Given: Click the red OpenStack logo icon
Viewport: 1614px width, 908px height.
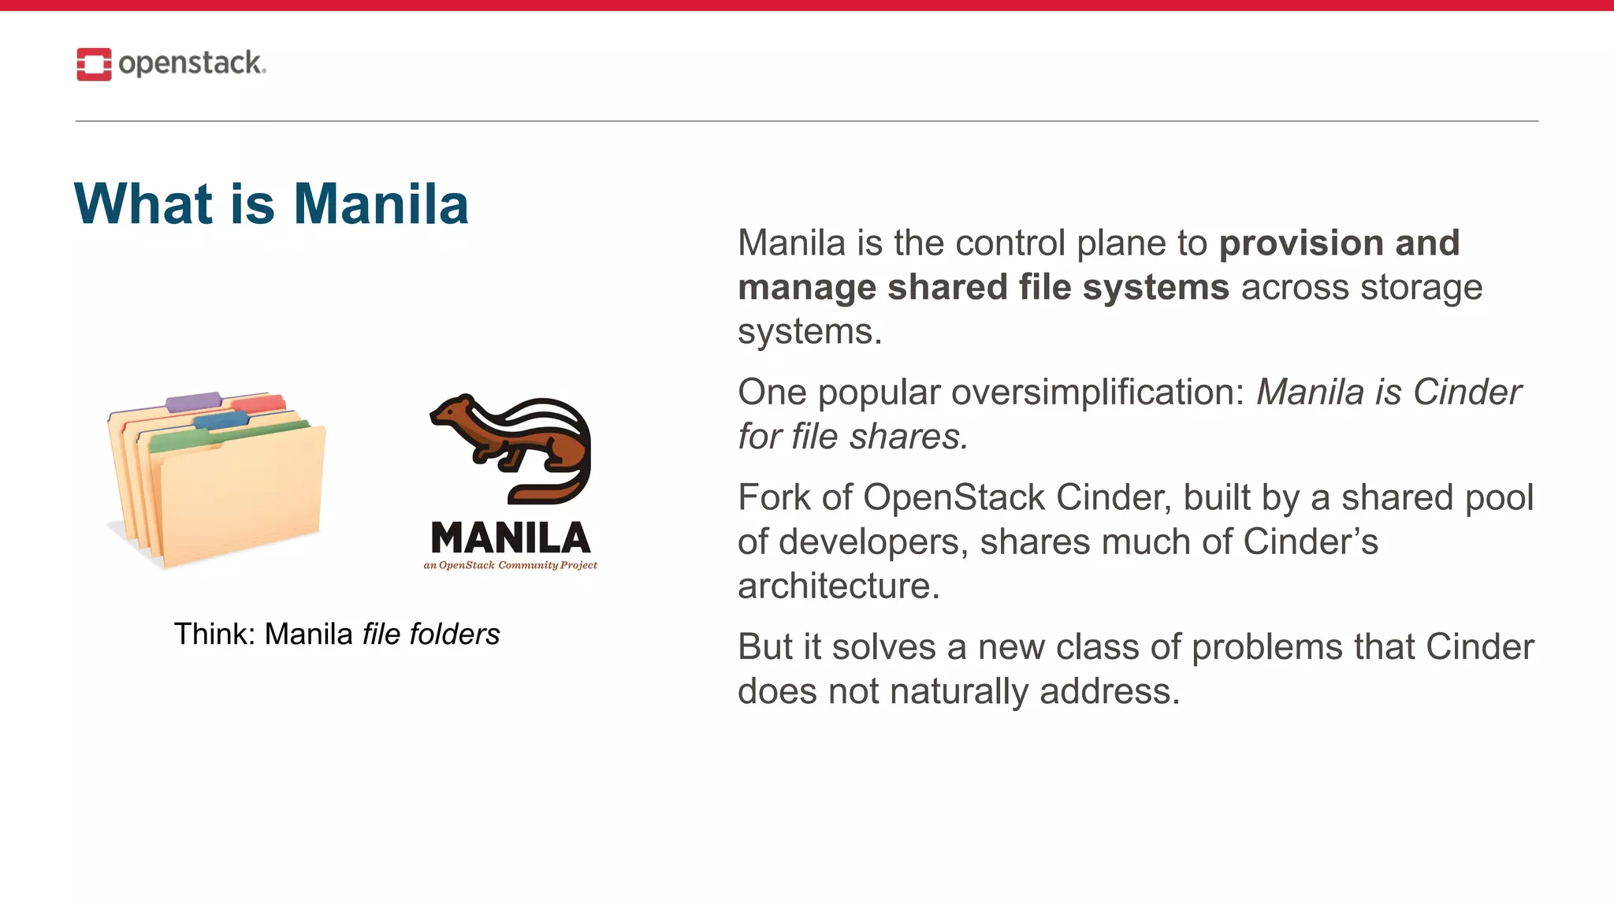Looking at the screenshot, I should click(x=94, y=64).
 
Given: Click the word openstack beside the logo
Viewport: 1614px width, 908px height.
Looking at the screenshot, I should click(x=192, y=63).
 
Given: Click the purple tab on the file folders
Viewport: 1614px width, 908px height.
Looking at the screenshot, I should click(x=193, y=401).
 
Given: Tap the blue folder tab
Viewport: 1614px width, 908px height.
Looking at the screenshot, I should click(x=221, y=419).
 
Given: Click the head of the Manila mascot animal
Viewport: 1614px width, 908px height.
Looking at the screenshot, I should click(x=452, y=413).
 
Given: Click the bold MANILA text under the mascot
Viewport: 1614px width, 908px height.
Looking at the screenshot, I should click(x=511, y=538).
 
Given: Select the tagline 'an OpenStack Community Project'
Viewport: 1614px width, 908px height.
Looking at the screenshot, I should click(x=510, y=565).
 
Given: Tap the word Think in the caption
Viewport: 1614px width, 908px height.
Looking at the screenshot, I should click(x=207, y=634).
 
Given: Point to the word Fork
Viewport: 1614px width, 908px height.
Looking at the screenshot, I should click(x=773, y=497).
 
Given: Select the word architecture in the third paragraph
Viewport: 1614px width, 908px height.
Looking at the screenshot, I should click(x=839, y=586).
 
